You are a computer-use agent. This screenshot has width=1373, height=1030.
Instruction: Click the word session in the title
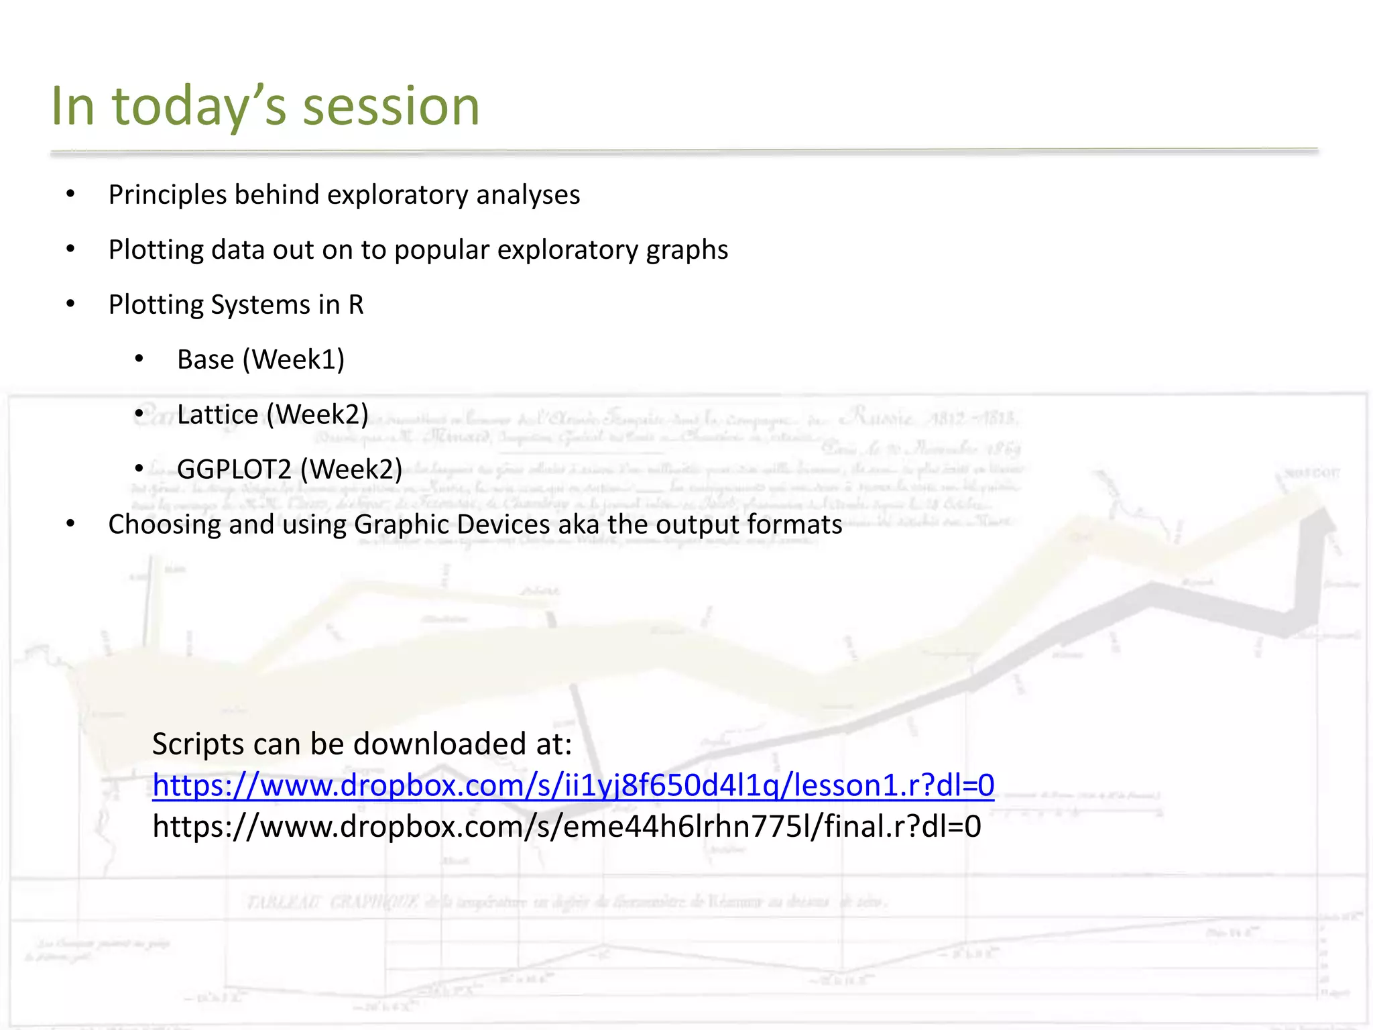tap(391, 107)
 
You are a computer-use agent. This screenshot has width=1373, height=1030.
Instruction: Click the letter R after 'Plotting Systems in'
tap(356, 305)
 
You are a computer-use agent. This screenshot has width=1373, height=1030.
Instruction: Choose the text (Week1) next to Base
tap(294, 360)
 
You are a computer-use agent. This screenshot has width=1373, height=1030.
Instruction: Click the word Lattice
tap(217, 415)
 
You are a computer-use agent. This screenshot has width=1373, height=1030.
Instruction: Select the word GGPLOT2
tap(234, 469)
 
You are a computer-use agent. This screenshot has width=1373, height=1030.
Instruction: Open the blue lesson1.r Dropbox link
tap(573, 785)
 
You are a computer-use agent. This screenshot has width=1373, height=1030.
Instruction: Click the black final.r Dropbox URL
tap(566, 827)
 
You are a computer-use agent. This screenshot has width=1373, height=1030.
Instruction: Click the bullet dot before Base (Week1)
tap(139, 360)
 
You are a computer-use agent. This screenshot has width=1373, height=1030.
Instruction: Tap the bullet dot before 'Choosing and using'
tap(70, 524)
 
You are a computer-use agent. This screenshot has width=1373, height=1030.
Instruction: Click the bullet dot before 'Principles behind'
tap(70, 195)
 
